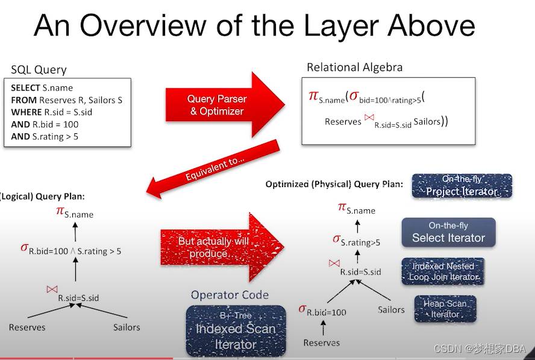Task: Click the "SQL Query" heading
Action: click(x=39, y=69)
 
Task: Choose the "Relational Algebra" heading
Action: click(x=354, y=67)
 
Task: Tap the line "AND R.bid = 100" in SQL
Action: click(x=45, y=124)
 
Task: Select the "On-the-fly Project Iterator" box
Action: click(x=462, y=186)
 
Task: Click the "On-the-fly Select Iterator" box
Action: click(x=448, y=232)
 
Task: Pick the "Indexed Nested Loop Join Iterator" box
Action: click(x=443, y=271)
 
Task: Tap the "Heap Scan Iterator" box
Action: click(x=445, y=309)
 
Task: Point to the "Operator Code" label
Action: click(x=230, y=295)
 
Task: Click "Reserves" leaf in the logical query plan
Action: click(x=28, y=327)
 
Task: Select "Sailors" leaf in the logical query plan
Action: click(x=127, y=327)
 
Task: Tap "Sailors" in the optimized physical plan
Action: click(x=391, y=309)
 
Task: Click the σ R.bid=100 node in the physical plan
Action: click(x=323, y=311)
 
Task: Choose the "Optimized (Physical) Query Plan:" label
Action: click(x=333, y=184)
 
